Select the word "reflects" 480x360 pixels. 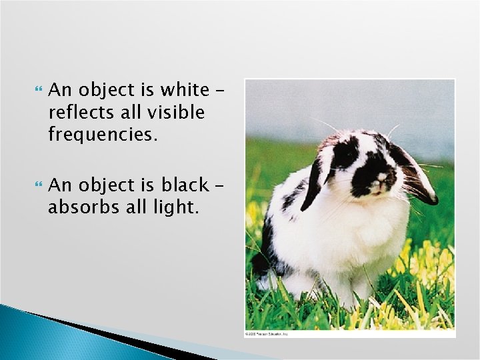(x=74, y=113)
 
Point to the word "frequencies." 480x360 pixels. (x=103, y=135)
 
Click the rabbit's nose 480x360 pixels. (x=381, y=178)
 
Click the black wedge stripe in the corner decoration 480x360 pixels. (x=100, y=333)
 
